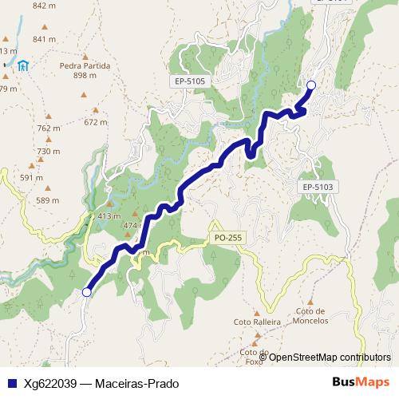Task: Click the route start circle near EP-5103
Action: tap(311, 85)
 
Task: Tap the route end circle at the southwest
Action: tap(86, 292)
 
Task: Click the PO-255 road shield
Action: tap(228, 238)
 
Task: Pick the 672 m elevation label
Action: tap(95, 122)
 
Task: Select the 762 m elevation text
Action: tap(49, 128)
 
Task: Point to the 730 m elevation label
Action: tap(49, 152)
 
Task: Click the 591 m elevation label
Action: tap(31, 178)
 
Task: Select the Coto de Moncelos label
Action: tap(311, 316)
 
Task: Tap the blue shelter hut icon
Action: tap(25, 65)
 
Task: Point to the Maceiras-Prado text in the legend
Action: tap(136, 383)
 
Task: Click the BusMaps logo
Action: tap(361, 382)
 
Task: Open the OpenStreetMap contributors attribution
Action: tap(330, 357)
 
